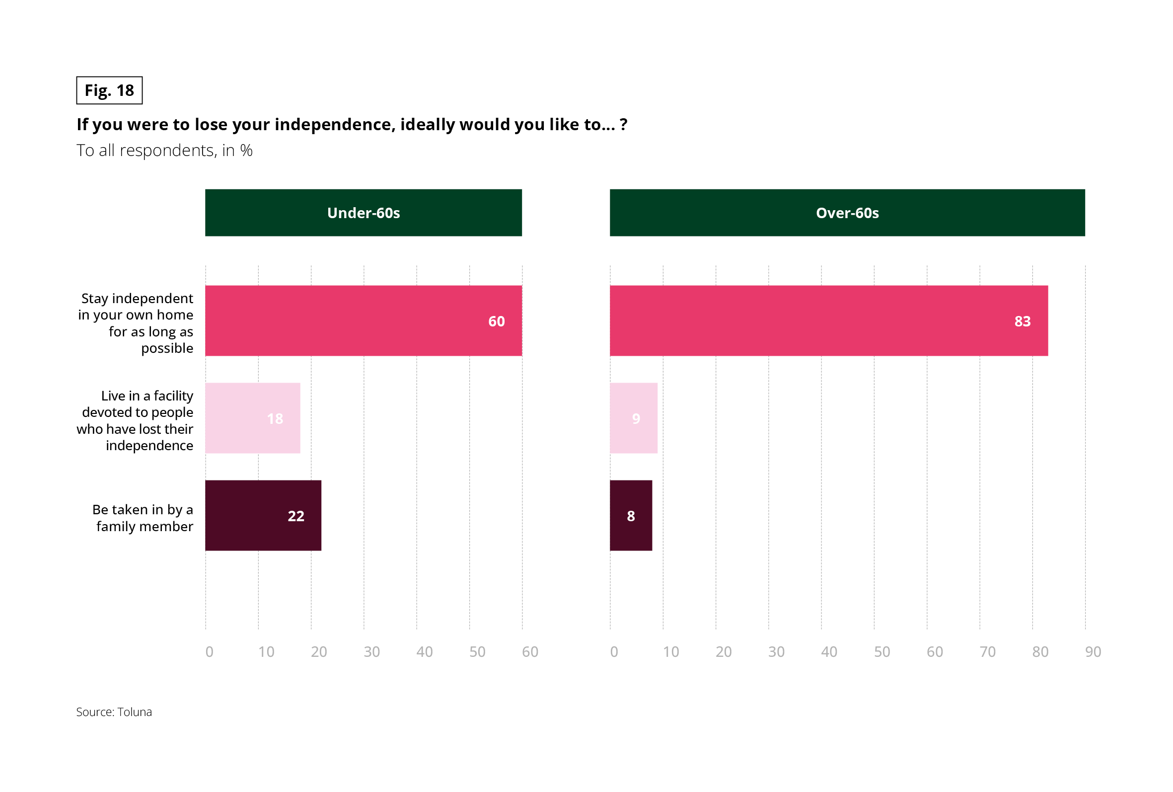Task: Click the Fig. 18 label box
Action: [x=109, y=90]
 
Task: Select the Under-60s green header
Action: [x=364, y=213]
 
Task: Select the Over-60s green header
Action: [x=847, y=213]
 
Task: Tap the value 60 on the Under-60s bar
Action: [x=496, y=321]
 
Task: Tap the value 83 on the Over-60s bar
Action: [x=1022, y=321]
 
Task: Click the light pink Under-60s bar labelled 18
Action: [x=252, y=418]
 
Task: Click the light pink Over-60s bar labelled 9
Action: [x=634, y=418]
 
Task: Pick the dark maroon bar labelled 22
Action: [x=263, y=515]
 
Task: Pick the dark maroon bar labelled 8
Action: [x=630, y=515]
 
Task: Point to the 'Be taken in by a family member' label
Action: [x=144, y=518]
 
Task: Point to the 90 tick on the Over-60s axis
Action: [x=1093, y=651]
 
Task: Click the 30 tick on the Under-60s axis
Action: [x=371, y=651]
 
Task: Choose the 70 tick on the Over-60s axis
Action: [x=987, y=651]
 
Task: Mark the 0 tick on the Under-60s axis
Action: [x=210, y=651]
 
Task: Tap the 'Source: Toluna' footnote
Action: [x=114, y=712]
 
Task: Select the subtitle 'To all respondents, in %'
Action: [x=164, y=151]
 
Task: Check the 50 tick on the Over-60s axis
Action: [x=882, y=651]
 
